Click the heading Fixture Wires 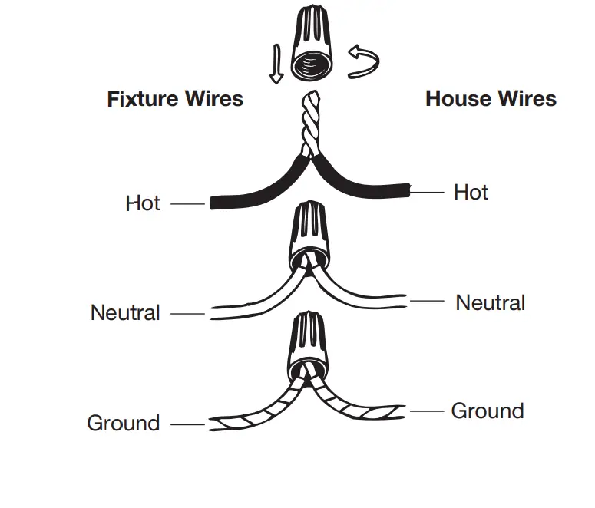pyautogui.click(x=175, y=99)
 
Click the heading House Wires pyautogui.click(x=491, y=99)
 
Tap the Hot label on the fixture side pyautogui.click(x=143, y=203)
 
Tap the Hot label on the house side pyautogui.click(x=471, y=192)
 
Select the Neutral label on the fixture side pyautogui.click(x=125, y=313)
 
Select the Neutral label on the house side pyautogui.click(x=490, y=302)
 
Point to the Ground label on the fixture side pyautogui.click(x=123, y=423)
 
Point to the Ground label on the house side pyautogui.click(x=487, y=411)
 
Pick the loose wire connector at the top pyautogui.click(x=312, y=48)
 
